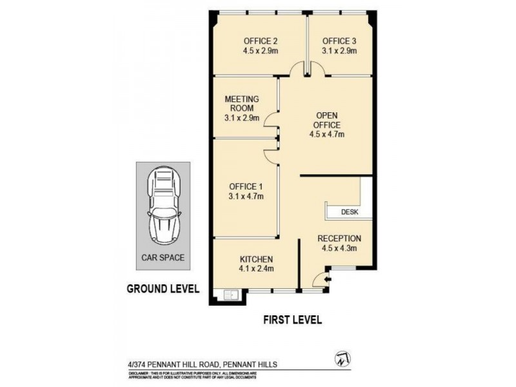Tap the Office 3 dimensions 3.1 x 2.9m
[339, 50]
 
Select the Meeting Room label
[241, 103]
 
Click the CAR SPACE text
[163, 257]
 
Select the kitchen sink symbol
[230, 295]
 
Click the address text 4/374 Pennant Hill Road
[201, 364]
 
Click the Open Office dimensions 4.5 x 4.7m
[327, 135]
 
